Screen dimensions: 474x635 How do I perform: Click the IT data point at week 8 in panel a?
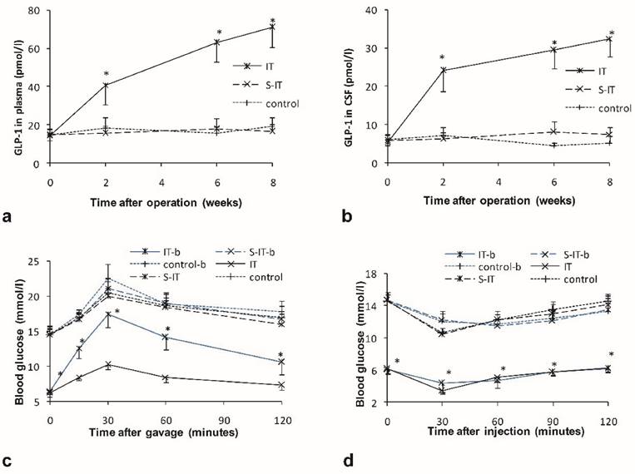coord(272,27)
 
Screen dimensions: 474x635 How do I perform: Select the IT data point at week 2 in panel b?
coord(444,70)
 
